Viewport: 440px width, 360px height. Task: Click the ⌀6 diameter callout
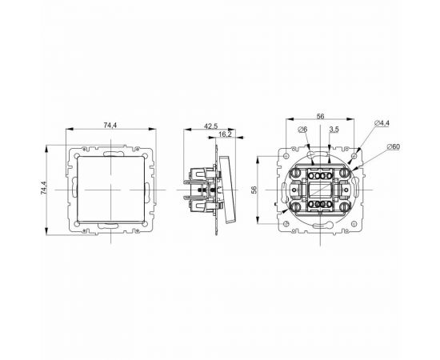[300, 130]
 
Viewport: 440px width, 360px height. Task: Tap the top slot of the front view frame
[109, 150]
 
